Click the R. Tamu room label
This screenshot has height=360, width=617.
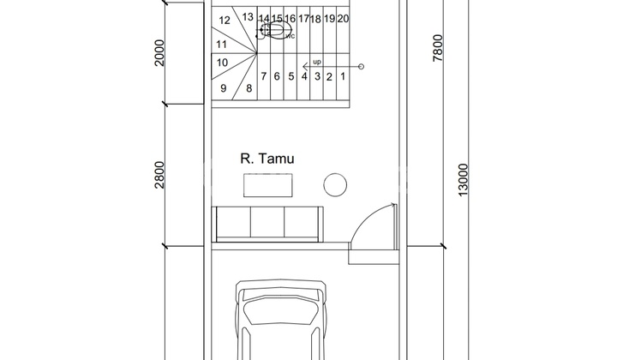click(267, 159)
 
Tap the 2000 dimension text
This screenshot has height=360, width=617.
click(159, 53)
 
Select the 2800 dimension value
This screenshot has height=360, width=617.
click(159, 175)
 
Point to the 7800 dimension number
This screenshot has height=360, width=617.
click(438, 48)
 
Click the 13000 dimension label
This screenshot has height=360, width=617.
click(463, 180)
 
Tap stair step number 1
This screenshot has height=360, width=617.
click(343, 76)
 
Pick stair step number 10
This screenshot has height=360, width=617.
click(222, 63)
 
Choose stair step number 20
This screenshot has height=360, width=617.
click(343, 19)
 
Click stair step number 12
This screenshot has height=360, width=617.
click(225, 20)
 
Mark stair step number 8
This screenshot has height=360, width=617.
click(249, 88)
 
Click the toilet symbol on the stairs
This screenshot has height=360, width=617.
click(275, 31)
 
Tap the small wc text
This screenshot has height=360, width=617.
click(290, 37)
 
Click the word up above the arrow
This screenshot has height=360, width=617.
click(317, 63)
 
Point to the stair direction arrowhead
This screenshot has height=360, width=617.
click(304, 67)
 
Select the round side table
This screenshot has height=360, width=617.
click(335, 184)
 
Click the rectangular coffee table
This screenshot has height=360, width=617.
click(268, 185)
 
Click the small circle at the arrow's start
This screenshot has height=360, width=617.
click(362, 67)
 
